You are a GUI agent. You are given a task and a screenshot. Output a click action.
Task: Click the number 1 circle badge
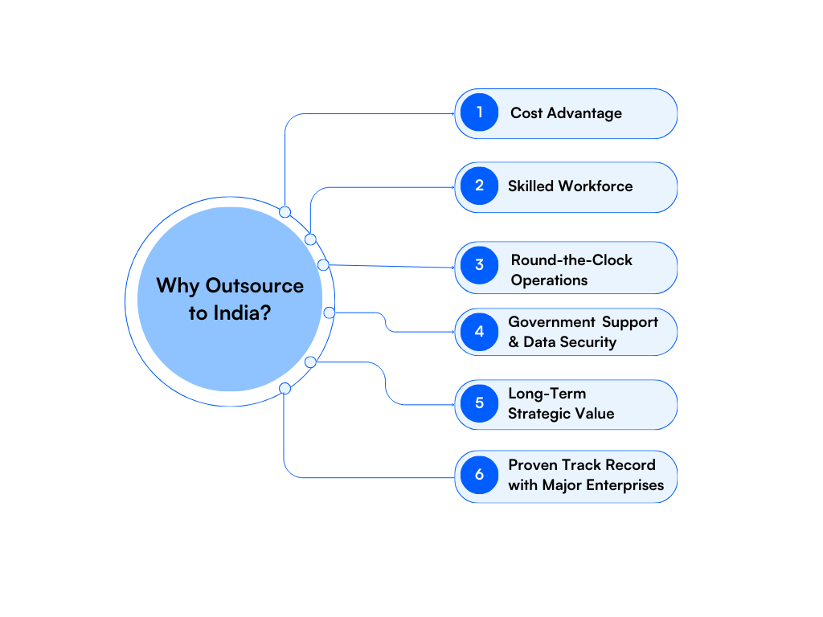point(480,112)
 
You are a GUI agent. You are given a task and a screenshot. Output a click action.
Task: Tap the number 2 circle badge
point(480,186)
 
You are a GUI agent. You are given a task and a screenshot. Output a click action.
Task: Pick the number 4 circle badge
point(480,331)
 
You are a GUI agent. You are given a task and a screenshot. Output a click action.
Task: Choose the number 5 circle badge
point(480,402)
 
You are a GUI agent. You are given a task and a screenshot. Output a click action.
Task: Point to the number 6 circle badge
point(480,474)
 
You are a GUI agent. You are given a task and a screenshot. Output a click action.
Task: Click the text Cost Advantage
point(566,113)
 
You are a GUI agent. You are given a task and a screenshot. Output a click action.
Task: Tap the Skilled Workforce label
point(570,186)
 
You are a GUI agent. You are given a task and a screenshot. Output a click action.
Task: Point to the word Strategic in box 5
point(543,414)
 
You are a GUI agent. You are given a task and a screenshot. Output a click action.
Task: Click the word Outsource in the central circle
point(255,286)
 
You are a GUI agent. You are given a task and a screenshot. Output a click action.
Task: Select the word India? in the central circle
point(241,313)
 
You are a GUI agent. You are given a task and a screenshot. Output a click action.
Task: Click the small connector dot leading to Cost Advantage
point(285,212)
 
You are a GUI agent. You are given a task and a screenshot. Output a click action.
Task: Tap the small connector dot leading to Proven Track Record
point(285,389)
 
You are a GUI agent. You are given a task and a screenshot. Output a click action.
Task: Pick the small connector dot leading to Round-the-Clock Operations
point(323,264)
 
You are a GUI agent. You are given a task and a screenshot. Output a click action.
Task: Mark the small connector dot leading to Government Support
point(329,313)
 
